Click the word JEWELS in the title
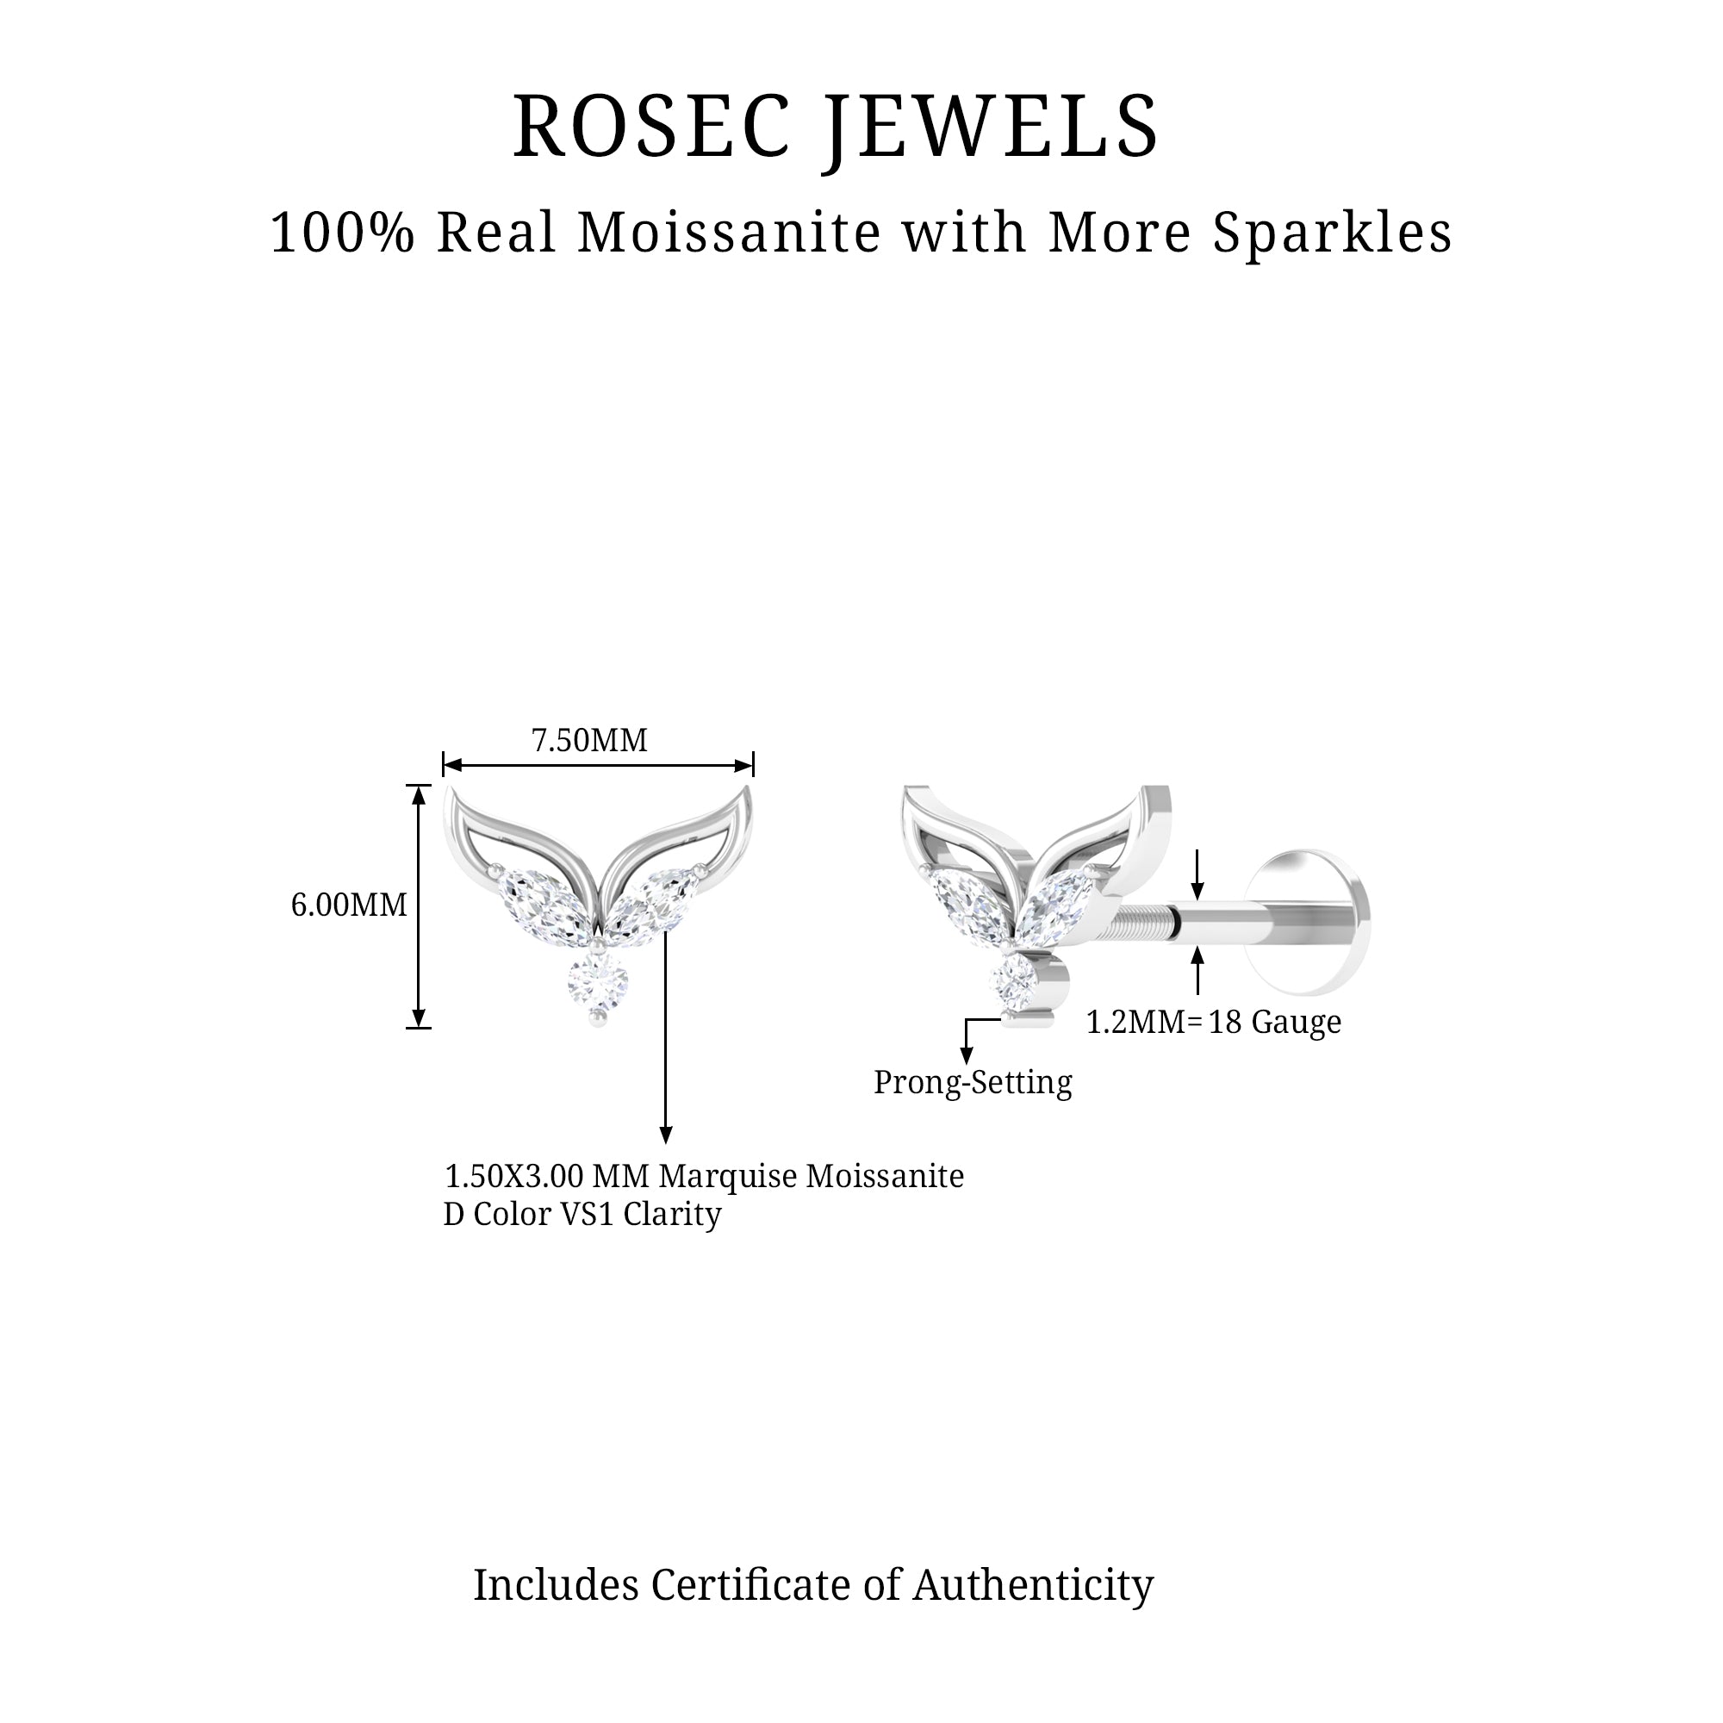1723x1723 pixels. (x=992, y=130)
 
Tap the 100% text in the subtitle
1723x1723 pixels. (x=344, y=233)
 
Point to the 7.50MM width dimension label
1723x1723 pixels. (x=589, y=741)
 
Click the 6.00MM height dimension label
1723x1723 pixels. (x=349, y=906)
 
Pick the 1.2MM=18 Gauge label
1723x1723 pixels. (x=1213, y=1022)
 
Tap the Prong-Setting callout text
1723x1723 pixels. (x=973, y=1083)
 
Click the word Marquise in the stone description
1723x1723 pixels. (x=728, y=1177)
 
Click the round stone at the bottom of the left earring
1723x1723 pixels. (x=598, y=984)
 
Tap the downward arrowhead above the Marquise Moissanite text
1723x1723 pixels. (x=665, y=1135)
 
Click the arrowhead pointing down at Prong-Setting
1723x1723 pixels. (x=966, y=1057)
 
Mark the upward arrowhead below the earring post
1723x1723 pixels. (x=1197, y=956)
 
